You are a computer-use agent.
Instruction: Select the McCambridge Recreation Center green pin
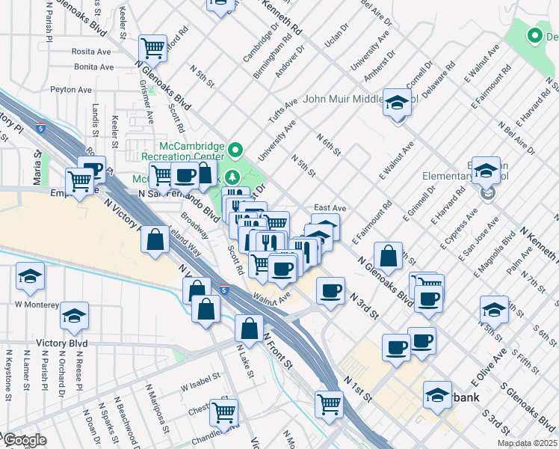click(x=235, y=148)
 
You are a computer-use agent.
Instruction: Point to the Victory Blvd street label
click(x=61, y=343)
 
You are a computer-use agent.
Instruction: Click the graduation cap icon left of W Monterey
click(x=30, y=278)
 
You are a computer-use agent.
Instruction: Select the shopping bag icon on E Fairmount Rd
click(x=389, y=257)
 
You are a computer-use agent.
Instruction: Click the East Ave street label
click(x=330, y=208)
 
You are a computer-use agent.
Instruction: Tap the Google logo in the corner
click(x=24, y=440)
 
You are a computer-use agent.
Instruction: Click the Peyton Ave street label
click(x=71, y=89)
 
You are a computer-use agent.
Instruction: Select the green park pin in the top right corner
click(x=534, y=34)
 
